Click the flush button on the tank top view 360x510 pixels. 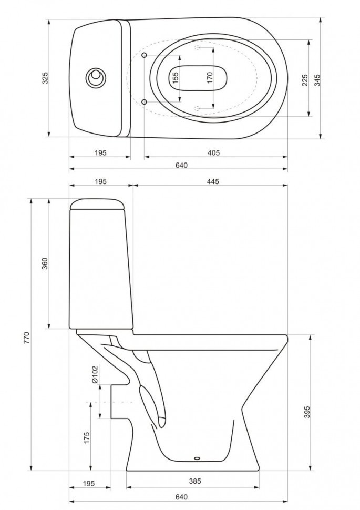tap(96, 78)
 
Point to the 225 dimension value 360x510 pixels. tap(305, 79)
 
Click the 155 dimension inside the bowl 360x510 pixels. tap(176, 78)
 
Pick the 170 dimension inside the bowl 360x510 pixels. tap(210, 78)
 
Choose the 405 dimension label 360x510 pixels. tap(213, 152)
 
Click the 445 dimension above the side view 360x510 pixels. tap(212, 181)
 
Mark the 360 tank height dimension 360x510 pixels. tap(45, 263)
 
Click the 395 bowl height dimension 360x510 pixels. tap(306, 412)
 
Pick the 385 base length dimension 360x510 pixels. tap(194, 481)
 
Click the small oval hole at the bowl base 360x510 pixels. tap(198, 457)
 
